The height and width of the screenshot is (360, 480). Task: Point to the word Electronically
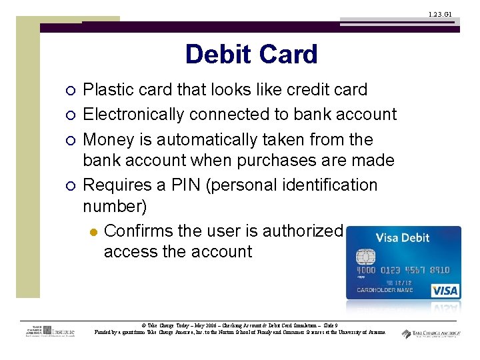133,115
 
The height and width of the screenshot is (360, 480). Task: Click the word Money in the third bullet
109,139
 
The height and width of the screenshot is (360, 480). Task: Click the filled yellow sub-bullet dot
93,231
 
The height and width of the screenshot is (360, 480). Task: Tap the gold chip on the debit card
365,258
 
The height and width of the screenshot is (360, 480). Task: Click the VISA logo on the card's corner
444,291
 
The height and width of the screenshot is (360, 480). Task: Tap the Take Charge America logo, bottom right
430,333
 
